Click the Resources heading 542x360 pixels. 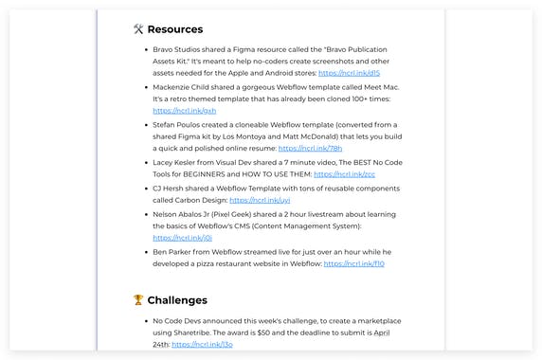pos(175,29)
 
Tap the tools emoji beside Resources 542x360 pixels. pos(138,29)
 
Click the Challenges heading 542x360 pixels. pos(177,300)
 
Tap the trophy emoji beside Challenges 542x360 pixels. pos(138,300)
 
